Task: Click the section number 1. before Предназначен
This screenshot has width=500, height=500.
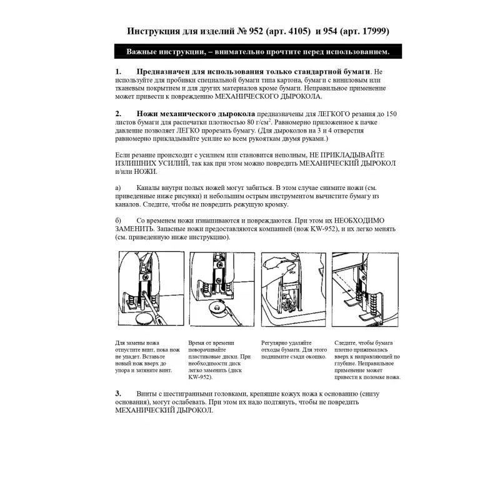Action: click(x=119, y=72)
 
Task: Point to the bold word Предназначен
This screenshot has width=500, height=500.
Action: click(x=168, y=72)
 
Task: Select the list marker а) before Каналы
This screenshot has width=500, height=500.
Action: click(x=118, y=187)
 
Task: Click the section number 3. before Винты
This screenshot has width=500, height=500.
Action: click(x=119, y=393)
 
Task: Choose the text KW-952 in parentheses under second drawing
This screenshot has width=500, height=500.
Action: click(x=199, y=377)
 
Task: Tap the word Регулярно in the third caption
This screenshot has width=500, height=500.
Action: click(x=276, y=343)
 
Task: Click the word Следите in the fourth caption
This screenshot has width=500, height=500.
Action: click(x=346, y=343)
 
